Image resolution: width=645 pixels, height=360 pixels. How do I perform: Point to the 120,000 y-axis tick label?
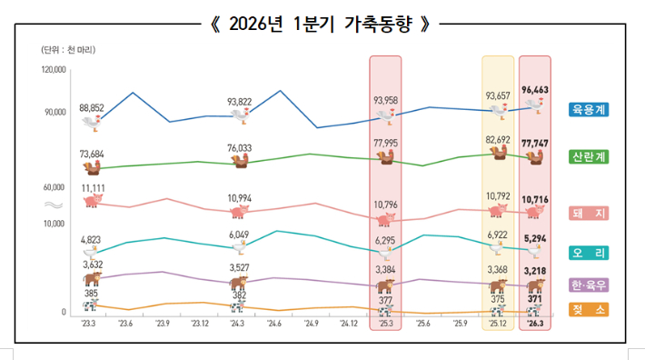pos(54,70)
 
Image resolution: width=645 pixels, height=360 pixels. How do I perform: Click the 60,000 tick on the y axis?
pos(54,187)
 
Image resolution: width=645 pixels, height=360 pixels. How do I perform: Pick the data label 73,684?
pos(94,154)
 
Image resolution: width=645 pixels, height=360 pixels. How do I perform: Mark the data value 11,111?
pos(94,187)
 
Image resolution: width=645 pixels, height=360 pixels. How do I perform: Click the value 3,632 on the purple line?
pos(93,265)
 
